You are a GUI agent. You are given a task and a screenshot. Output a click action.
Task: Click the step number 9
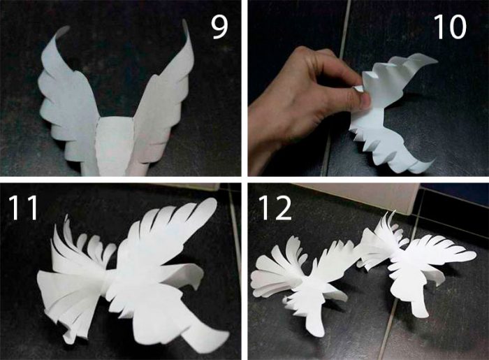click(219, 27)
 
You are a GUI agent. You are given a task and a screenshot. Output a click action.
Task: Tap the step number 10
click(450, 27)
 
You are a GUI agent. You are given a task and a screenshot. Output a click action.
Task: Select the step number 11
click(24, 208)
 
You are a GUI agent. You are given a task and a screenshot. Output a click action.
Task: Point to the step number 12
click(275, 208)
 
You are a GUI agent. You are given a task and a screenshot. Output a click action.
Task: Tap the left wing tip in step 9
click(64, 29)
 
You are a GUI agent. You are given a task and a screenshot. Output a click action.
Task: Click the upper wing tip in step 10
click(432, 61)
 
